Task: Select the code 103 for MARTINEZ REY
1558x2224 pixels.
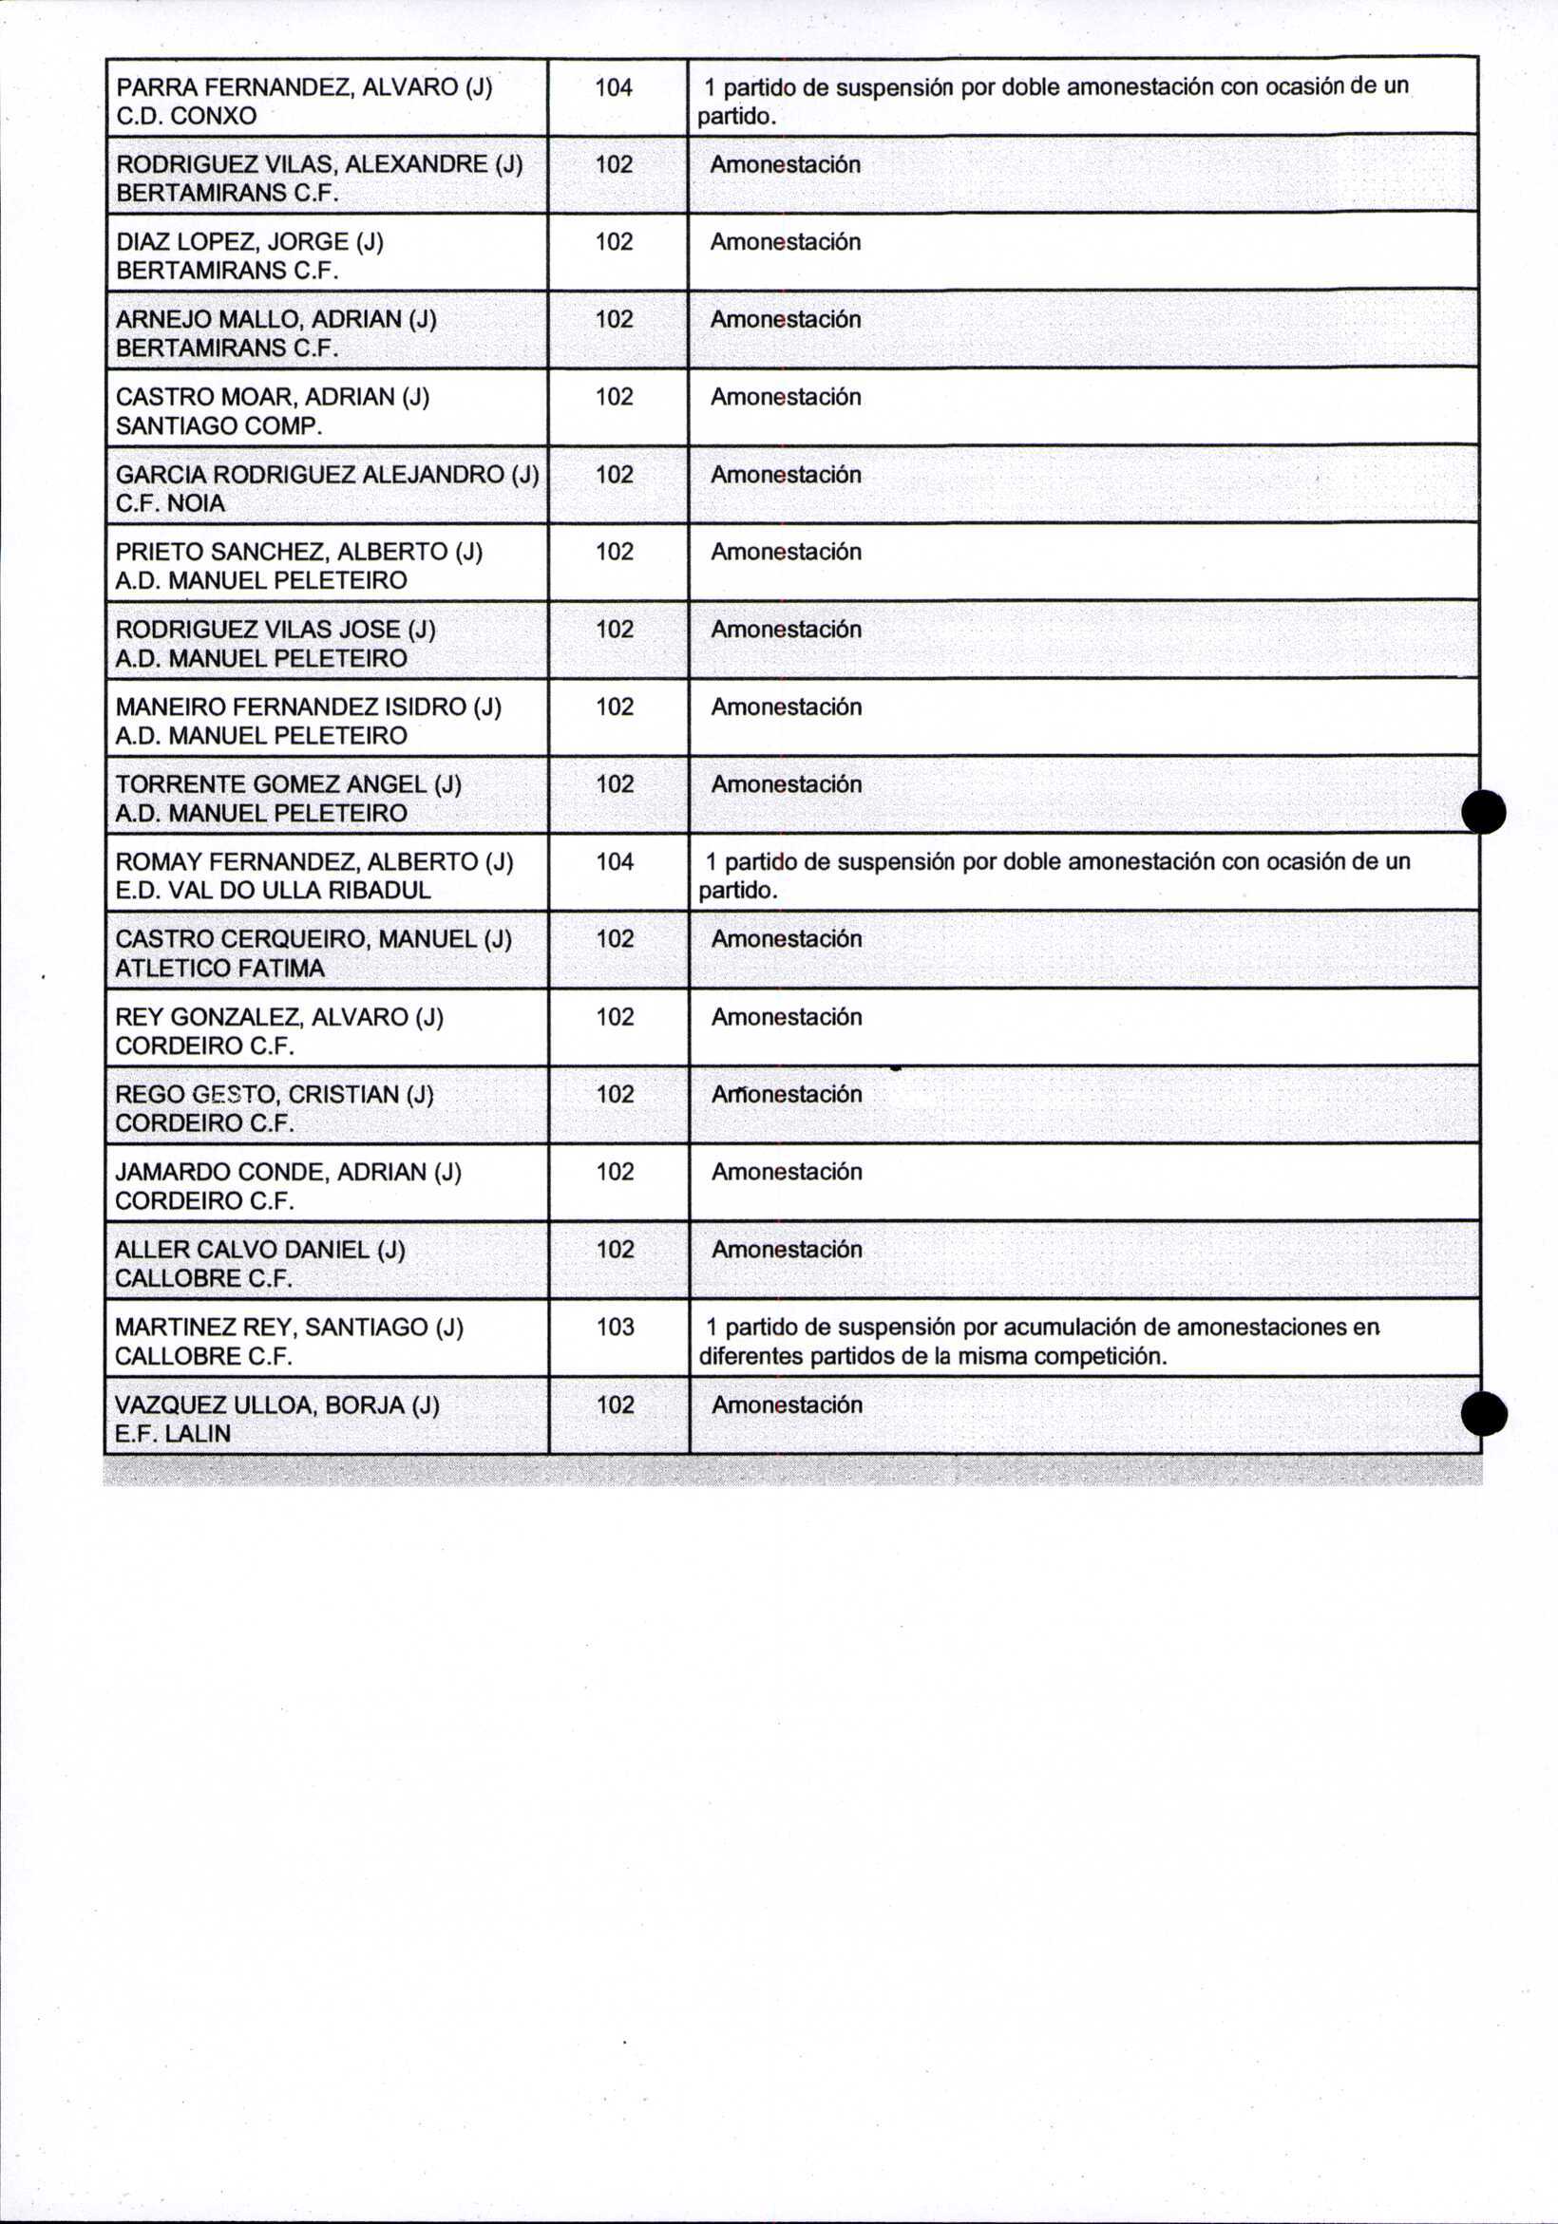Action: (x=616, y=1326)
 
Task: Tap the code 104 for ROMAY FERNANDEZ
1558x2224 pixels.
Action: (x=616, y=861)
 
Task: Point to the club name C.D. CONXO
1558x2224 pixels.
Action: (x=186, y=116)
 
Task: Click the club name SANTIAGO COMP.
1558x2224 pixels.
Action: (x=218, y=426)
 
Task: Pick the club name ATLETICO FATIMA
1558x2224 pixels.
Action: (x=220, y=969)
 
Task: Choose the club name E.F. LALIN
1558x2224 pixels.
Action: (x=173, y=1434)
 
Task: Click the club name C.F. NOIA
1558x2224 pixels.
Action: (x=171, y=503)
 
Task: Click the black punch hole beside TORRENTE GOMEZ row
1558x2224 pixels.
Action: (x=1483, y=812)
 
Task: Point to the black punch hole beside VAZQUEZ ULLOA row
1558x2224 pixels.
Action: (x=1484, y=1414)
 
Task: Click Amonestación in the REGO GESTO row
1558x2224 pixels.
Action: (x=787, y=1094)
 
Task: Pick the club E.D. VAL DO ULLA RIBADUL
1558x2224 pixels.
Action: (x=274, y=891)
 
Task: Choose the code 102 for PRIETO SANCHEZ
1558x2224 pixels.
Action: (x=615, y=551)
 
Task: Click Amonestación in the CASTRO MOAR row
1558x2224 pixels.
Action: (x=786, y=397)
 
